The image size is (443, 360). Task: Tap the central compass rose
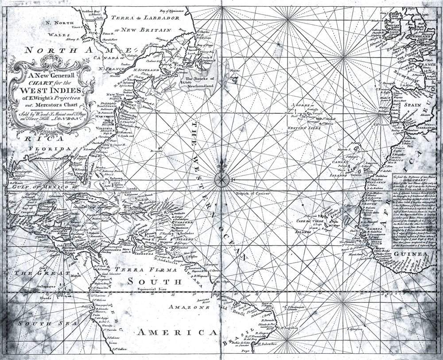221,179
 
